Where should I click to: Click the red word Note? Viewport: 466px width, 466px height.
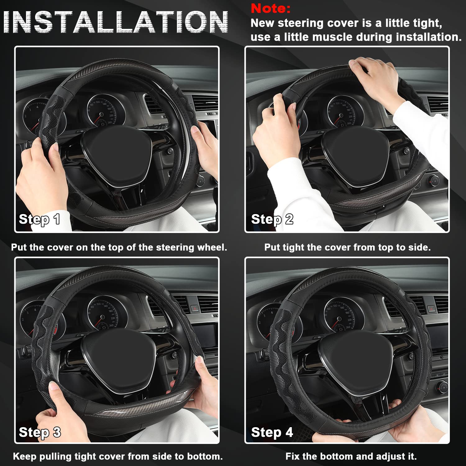coord(270,8)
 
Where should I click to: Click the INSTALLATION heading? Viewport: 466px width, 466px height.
coord(116,22)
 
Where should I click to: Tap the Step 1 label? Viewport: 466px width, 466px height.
coord(39,219)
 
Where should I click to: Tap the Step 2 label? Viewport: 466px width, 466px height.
coord(272,219)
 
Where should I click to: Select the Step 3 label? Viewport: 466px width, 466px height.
coord(40,432)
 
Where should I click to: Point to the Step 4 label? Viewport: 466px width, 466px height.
coord(272,432)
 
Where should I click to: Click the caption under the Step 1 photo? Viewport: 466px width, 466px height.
coord(119,247)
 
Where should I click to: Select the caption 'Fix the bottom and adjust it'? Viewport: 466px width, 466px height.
coord(351,456)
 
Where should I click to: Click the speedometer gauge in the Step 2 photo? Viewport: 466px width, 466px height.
coord(345,112)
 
